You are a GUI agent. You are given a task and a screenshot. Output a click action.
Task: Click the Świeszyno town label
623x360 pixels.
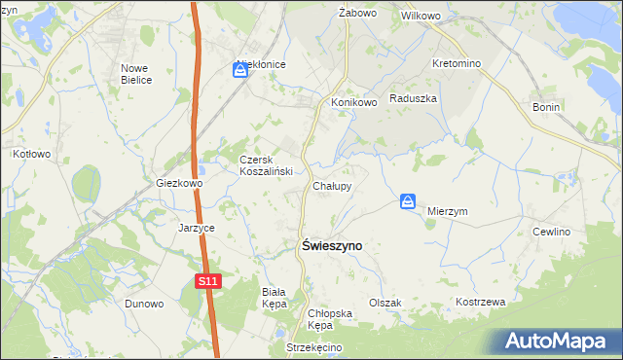(x=327, y=247)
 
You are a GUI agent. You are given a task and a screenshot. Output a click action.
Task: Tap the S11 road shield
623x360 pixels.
(x=205, y=281)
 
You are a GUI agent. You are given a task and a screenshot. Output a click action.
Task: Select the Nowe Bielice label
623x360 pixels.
(x=136, y=74)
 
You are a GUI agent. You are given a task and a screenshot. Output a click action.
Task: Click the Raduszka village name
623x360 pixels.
(x=414, y=98)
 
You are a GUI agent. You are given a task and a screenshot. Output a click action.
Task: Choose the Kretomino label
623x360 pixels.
(x=457, y=63)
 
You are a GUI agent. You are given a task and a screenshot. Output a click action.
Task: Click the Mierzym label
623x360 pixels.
(x=448, y=210)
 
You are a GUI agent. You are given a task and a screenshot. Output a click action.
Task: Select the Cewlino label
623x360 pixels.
(x=550, y=232)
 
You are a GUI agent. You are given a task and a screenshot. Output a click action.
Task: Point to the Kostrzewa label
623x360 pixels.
(x=481, y=302)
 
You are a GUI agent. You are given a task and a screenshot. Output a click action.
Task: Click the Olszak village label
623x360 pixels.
(x=385, y=303)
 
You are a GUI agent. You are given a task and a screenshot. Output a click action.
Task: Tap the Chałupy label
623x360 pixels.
(x=332, y=185)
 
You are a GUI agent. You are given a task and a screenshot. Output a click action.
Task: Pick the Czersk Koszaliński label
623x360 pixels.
(x=260, y=164)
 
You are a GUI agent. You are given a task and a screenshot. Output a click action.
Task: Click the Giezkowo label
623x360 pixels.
(x=179, y=183)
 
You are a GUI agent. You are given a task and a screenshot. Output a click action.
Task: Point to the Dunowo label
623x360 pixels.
(x=143, y=303)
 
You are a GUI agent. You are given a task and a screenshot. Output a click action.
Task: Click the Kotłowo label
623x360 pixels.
(x=31, y=154)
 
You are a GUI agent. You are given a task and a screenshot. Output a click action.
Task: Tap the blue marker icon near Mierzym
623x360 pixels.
(x=409, y=201)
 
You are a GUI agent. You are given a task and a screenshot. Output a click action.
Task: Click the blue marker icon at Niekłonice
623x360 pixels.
(x=240, y=69)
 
